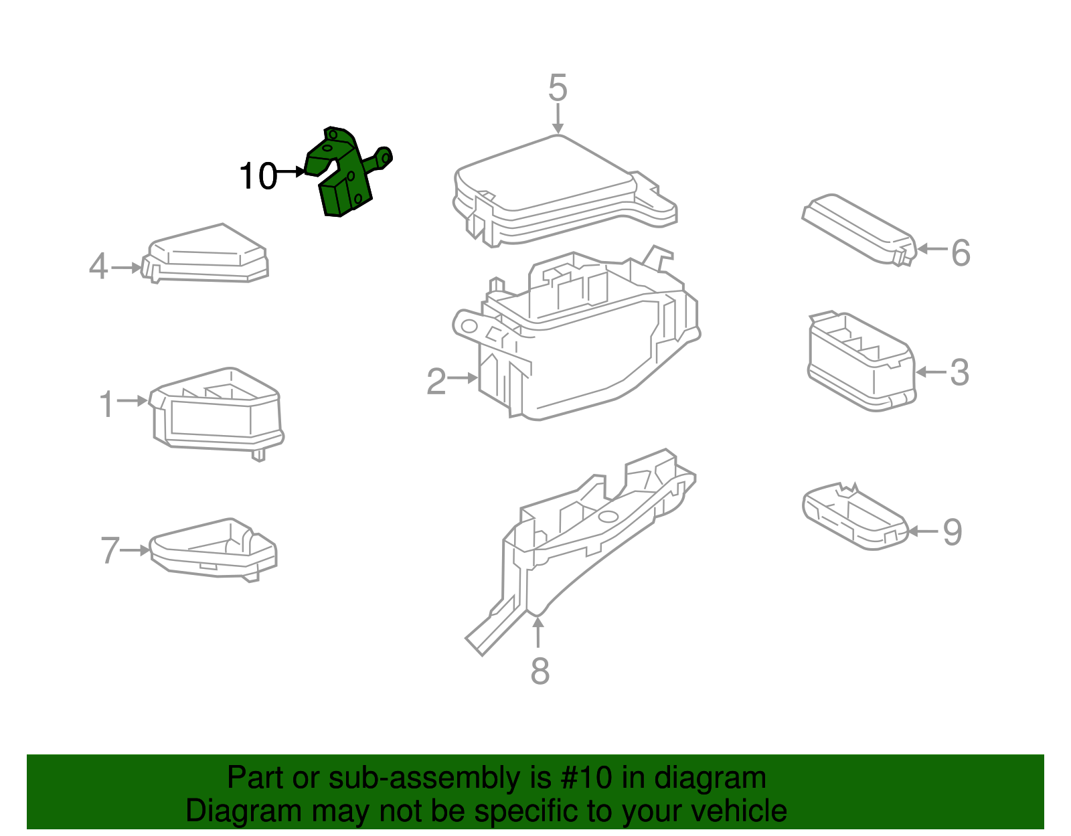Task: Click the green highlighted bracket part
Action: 345,177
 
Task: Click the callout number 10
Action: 258,177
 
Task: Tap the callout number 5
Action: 558,88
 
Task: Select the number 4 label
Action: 98,266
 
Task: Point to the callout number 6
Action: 961,253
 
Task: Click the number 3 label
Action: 959,373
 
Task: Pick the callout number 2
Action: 436,382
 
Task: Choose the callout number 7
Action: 110,551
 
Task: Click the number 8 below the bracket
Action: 540,671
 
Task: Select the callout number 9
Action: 952,533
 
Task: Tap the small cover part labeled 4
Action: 208,254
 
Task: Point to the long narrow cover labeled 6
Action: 857,228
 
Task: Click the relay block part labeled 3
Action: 860,361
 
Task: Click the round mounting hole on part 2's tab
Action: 469,326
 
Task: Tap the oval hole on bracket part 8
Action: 608,517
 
